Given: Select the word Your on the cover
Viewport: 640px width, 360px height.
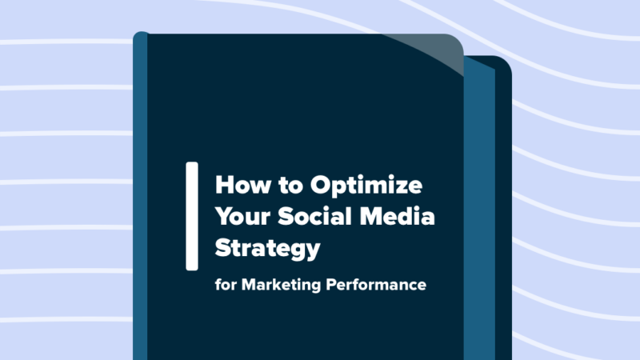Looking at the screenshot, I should pyautogui.click(x=242, y=217).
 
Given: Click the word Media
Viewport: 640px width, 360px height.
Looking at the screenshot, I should pyautogui.click(x=404, y=217).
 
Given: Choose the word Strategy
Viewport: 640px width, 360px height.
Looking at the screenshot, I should pyautogui.click(x=266, y=249).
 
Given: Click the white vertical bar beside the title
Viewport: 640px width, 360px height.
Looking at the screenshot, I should pyautogui.click(x=192, y=215).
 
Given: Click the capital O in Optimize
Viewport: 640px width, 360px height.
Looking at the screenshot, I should pyautogui.click(x=321, y=186).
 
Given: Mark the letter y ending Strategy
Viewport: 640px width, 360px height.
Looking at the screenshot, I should pyautogui.click(x=311, y=252).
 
